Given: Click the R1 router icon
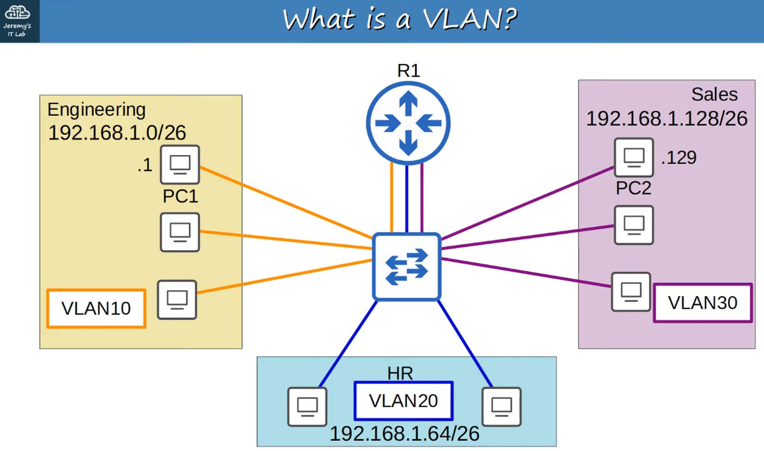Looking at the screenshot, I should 408,123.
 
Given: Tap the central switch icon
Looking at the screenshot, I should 407,267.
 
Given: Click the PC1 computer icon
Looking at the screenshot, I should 180,164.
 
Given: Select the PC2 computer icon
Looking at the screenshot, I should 634,157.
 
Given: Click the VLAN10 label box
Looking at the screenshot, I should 96,308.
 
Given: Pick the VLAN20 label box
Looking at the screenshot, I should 403,401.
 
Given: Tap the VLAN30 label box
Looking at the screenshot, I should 702,303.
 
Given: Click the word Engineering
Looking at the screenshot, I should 96,110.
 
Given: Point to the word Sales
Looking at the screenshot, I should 714,94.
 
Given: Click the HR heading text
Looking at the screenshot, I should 400,373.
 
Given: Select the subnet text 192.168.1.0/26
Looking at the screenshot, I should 117,133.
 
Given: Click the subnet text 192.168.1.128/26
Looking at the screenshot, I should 667,118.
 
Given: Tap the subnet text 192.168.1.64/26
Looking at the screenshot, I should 404,434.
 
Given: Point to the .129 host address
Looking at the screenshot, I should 679,158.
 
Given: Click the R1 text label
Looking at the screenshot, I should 408,71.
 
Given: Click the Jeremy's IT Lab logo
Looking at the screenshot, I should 18,21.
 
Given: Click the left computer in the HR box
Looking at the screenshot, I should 307,406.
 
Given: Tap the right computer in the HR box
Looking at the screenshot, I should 502,406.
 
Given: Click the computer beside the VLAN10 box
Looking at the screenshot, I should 177,300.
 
